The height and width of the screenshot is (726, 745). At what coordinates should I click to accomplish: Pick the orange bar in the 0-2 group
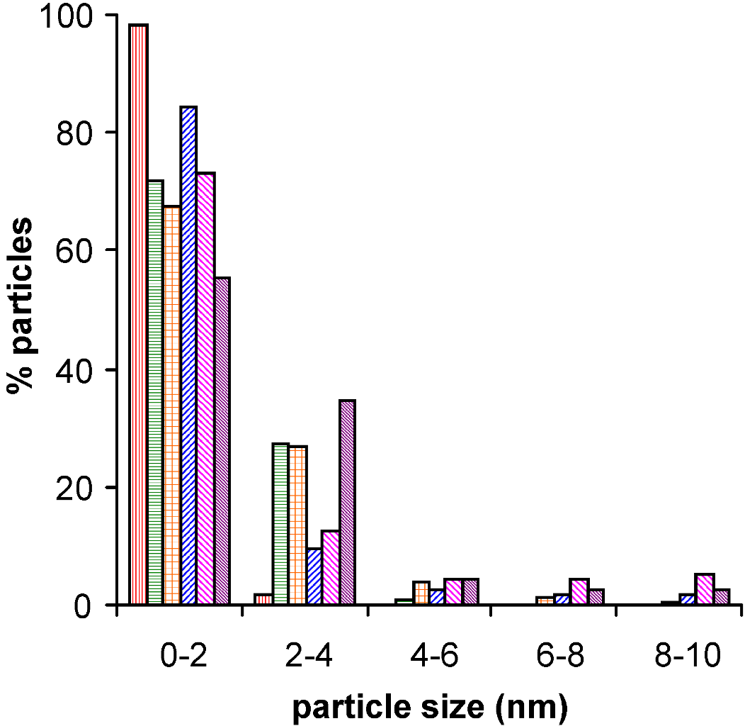point(172,405)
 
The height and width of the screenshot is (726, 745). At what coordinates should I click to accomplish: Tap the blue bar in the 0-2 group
point(188,355)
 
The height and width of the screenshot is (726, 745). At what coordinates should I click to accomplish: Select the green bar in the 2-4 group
point(280,524)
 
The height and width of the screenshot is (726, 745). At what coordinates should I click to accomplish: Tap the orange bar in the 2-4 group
point(297,525)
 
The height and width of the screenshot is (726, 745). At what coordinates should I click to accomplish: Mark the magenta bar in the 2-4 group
point(330,567)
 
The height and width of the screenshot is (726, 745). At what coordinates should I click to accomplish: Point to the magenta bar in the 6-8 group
point(579,592)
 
